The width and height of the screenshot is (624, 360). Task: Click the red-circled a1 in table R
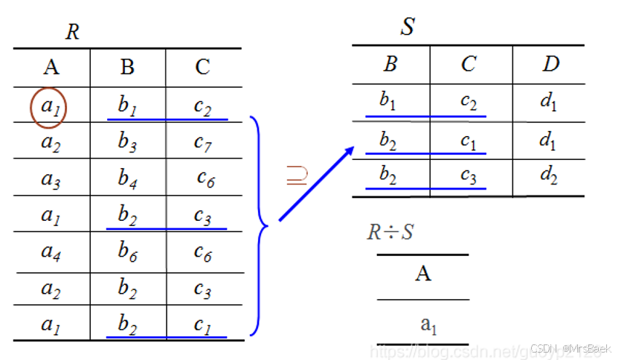pyautogui.click(x=50, y=106)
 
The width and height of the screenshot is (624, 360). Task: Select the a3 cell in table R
pyautogui.click(x=51, y=178)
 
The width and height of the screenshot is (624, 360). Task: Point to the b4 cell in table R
pyautogui.click(x=128, y=178)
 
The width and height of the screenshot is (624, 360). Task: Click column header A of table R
pyautogui.click(x=51, y=68)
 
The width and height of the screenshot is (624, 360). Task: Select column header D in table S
pyautogui.click(x=550, y=65)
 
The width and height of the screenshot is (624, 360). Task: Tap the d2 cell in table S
pyautogui.click(x=549, y=176)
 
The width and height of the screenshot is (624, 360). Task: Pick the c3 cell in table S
pyautogui.click(x=468, y=176)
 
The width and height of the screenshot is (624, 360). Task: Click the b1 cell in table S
pyautogui.click(x=388, y=101)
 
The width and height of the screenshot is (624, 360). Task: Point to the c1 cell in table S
pyautogui.click(x=468, y=139)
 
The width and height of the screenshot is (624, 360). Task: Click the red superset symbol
pyautogui.click(x=296, y=176)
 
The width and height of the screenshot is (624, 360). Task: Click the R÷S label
pyautogui.click(x=390, y=232)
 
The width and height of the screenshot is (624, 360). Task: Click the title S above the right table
pyautogui.click(x=408, y=28)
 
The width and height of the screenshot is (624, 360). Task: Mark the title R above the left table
pyautogui.click(x=72, y=32)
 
